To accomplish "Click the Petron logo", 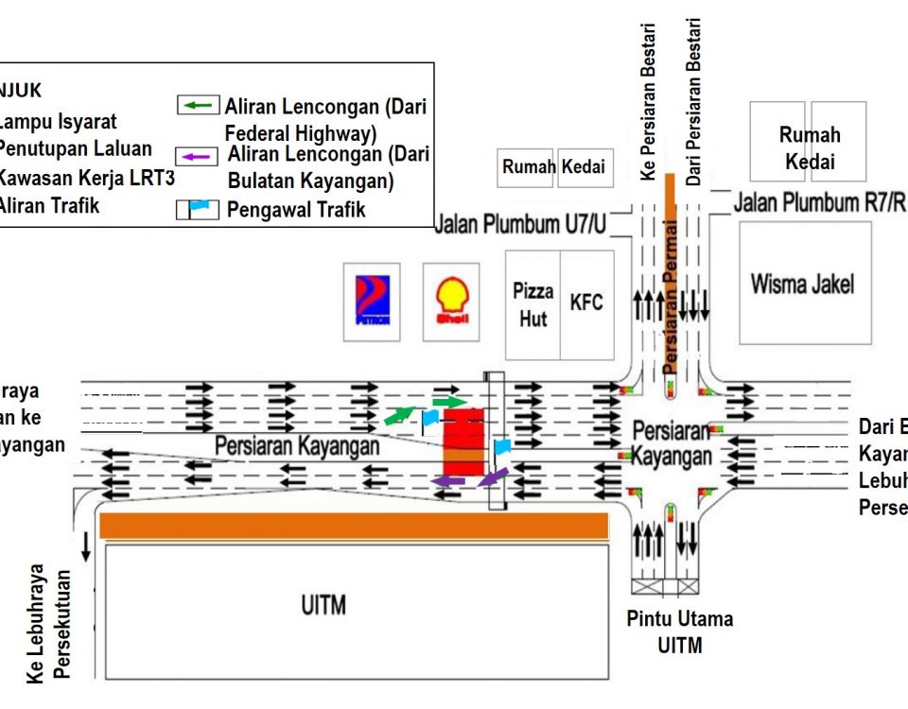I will (371, 302).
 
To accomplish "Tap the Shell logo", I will (450, 302).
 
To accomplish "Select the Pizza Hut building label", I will (533, 304).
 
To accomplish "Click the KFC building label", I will (586, 303).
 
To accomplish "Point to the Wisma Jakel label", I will (802, 284).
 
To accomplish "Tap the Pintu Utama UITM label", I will (679, 632).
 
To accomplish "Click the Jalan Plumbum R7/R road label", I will (820, 201).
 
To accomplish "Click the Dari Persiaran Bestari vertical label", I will (695, 102).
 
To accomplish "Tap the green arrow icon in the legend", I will (199, 105).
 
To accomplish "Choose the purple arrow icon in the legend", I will (199, 157).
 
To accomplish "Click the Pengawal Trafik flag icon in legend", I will (199, 209).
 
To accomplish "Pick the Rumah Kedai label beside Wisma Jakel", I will (809, 148).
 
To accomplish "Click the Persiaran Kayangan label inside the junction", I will (671, 443).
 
